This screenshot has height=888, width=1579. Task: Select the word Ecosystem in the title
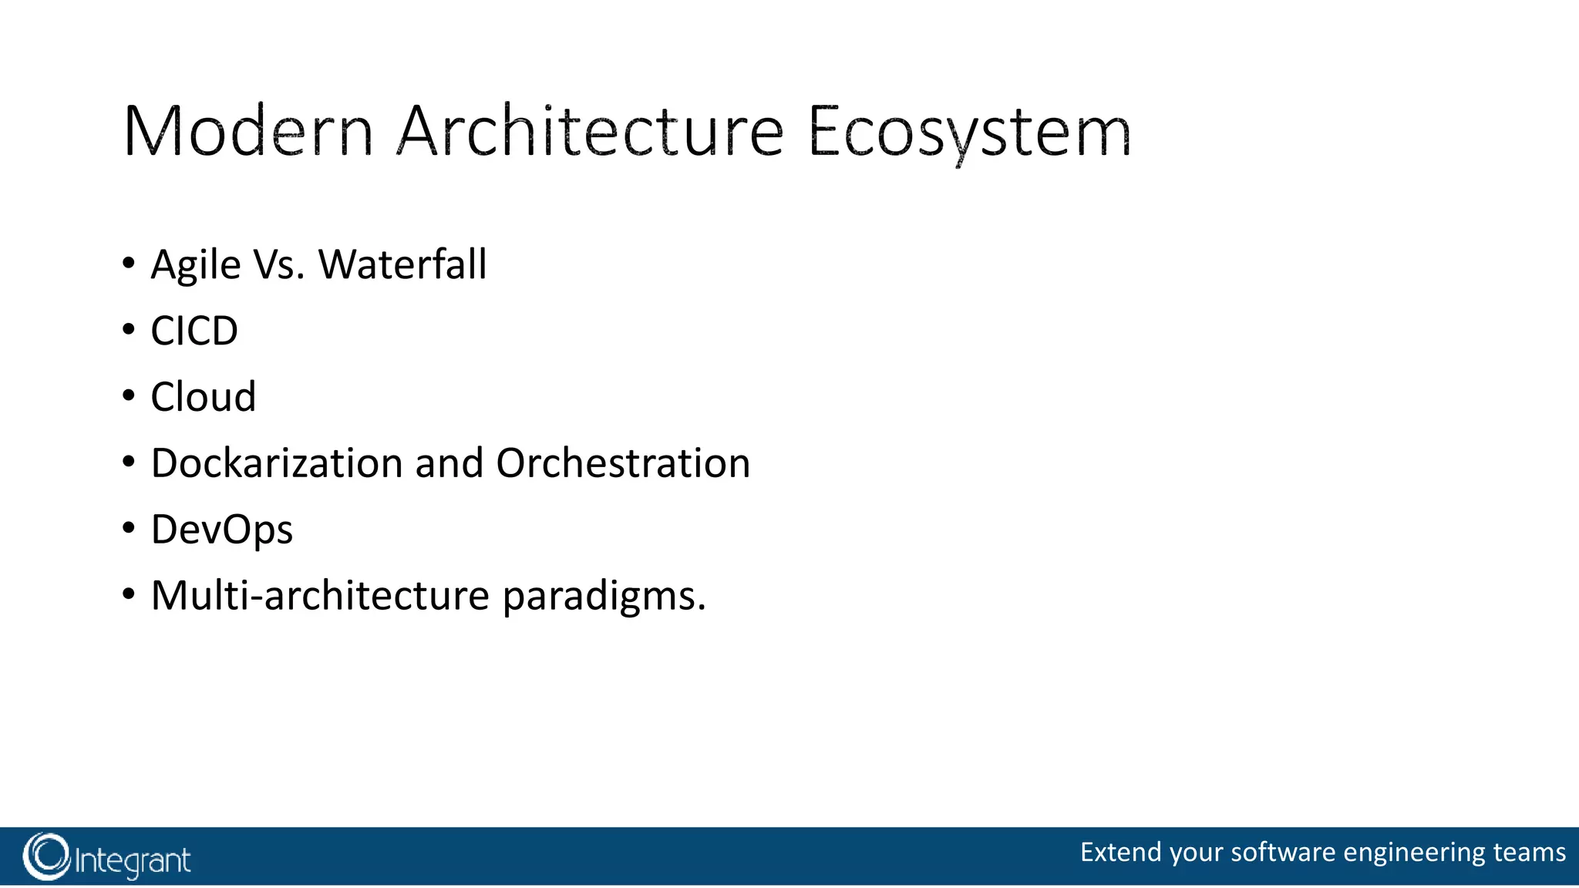point(969,133)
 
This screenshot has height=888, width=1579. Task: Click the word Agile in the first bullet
point(196,266)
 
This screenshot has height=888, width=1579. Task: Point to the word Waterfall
point(402,264)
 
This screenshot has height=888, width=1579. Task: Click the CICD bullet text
point(194,331)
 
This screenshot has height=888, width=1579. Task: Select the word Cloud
point(203,397)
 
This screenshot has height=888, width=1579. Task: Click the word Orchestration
point(623,463)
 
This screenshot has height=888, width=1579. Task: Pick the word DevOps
point(222,530)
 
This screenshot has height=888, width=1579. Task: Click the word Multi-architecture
point(320,596)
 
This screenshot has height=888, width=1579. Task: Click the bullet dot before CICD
point(129,330)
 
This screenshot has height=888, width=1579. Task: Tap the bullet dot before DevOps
point(129,529)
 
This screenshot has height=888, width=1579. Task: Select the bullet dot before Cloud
point(129,396)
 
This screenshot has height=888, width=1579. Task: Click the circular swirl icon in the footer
point(46,856)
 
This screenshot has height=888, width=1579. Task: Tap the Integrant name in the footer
point(133,860)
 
